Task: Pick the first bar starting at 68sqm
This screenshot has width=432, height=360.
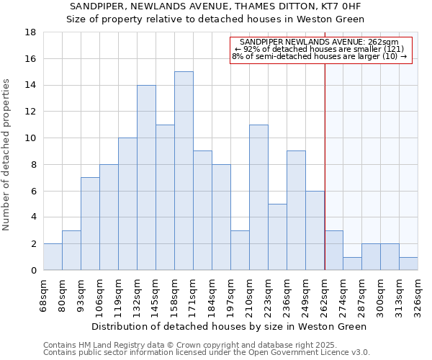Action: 53,257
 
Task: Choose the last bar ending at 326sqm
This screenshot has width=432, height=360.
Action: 408,264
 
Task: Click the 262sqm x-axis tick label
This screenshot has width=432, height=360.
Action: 324,295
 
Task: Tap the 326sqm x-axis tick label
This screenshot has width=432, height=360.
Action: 418,295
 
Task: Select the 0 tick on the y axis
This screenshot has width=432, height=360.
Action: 32,270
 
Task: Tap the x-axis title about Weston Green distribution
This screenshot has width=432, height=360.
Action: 230,326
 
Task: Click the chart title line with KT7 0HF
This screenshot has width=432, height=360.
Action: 216,6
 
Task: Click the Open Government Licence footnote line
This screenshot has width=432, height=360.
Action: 207,353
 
